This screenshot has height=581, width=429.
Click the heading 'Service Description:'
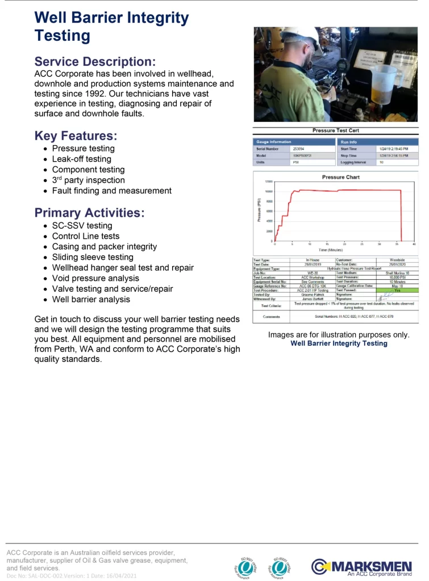[x=95, y=61]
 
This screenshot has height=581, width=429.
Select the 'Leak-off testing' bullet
[x=81, y=159]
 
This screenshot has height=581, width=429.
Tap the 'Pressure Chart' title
[x=341, y=177]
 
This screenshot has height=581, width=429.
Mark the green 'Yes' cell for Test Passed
[x=397, y=290]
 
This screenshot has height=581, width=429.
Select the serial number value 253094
[x=299, y=149]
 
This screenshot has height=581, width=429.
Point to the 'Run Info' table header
[x=349, y=142]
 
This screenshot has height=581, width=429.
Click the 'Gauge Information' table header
[x=274, y=142]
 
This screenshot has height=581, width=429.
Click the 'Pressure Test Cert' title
[x=336, y=130]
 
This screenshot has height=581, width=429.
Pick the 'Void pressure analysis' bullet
[x=95, y=278]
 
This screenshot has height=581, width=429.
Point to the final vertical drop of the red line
[x=402, y=216]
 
